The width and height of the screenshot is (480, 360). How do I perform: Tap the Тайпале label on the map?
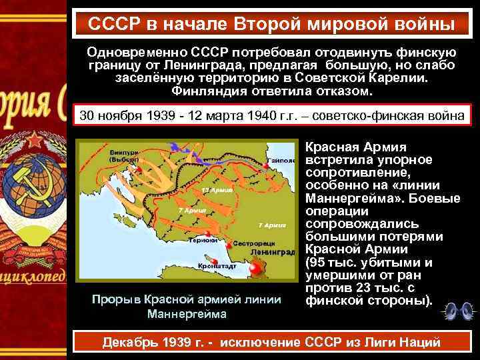pos(281,161)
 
